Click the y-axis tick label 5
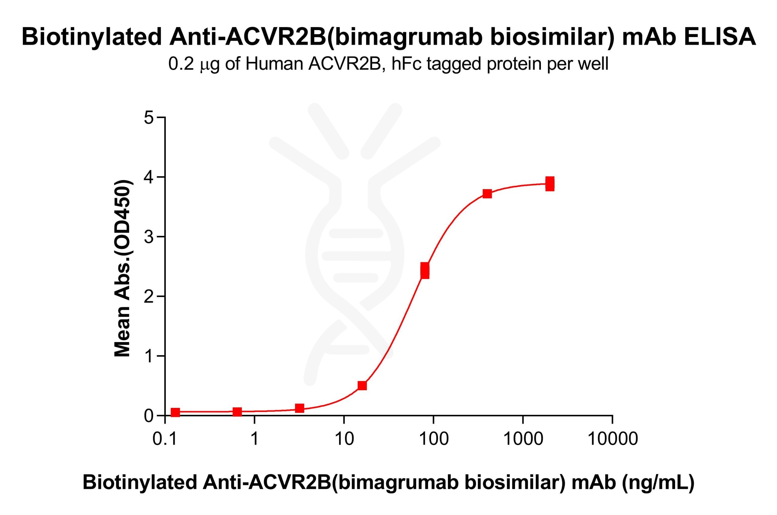click(149, 117)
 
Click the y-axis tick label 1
click(149, 356)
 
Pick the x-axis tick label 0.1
click(165, 439)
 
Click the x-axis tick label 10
click(344, 439)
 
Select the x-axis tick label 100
click(433, 439)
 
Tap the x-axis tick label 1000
click(523, 439)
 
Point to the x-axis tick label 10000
click(612, 439)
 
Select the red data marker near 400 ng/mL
click(487, 194)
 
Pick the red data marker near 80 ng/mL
click(425, 270)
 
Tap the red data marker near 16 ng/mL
click(362, 385)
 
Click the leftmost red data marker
click(175, 412)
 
